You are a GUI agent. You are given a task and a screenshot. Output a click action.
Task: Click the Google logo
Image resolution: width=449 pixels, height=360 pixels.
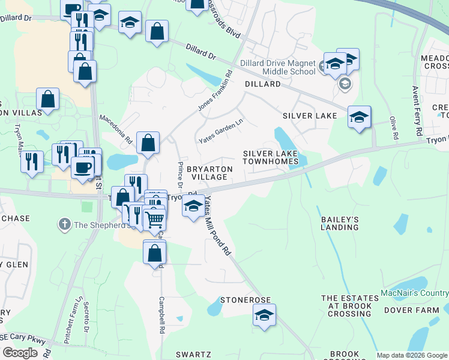[21, 353]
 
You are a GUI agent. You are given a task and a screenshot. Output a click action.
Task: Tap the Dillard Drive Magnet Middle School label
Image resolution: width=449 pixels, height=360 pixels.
[277, 67]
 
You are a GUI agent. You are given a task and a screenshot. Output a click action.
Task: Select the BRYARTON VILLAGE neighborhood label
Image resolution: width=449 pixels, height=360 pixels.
[208, 173]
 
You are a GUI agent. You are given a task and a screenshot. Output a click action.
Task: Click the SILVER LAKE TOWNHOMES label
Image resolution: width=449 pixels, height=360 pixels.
[270, 157]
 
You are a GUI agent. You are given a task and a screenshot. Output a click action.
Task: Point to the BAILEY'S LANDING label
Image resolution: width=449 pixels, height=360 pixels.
[340, 223]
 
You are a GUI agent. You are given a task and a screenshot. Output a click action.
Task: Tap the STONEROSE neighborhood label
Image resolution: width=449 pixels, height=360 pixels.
[246, 299]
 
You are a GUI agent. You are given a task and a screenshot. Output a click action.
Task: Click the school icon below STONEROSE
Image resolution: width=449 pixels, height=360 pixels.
[264, 315]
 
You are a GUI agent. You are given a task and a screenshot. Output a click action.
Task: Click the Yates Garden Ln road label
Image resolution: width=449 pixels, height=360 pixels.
[221, 130]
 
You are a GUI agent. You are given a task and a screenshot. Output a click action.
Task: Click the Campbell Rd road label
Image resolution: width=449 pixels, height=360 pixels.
[161, 315]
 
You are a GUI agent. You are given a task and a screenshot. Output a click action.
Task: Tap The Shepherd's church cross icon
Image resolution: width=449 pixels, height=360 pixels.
[64, 225]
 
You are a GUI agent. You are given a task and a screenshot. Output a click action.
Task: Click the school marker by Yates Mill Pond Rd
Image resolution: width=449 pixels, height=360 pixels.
[192, 207]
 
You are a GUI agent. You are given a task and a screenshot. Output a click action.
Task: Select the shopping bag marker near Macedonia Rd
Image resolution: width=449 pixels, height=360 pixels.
[148, 143]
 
